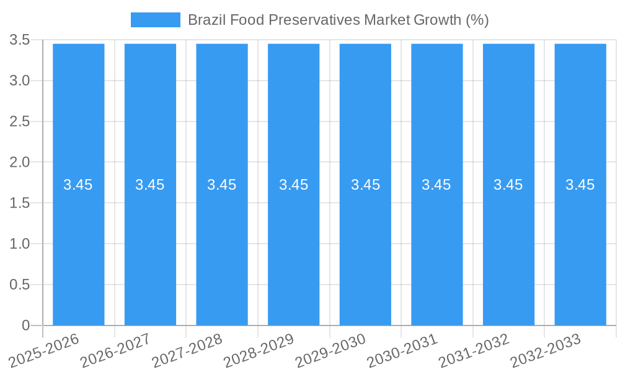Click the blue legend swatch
tap(155, 20)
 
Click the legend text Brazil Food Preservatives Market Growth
tap(338, 20)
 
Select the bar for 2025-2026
tap(78, 248)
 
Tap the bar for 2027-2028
tap(222, 248)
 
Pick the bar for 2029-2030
tap(365, 248)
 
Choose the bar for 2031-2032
tap(508, 248)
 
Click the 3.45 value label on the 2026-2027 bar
tap(150, 185)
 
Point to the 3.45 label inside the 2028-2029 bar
tap(293, 185)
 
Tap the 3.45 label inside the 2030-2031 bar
tap(436, 185)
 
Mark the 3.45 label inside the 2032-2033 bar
tap(580, 185)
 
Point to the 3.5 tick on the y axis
tap(20, 40)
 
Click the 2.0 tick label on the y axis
tap(20, 162)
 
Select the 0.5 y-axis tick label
tap(20, 285)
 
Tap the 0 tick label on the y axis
tap(25, 325)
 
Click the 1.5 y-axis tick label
tap(20, 203)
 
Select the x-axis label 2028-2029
tap(259, 350)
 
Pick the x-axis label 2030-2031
tap(402, 350)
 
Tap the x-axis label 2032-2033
tap(546, 350)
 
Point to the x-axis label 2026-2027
tap(116, 350)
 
